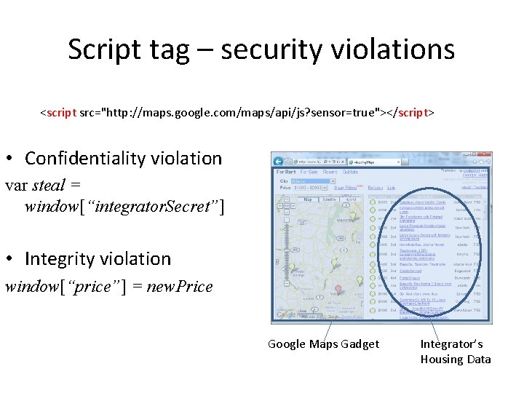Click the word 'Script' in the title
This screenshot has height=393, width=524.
click(x=104, y=49)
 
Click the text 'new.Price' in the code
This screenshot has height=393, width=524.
click(x=180, y=286)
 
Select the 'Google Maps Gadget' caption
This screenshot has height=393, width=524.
click(x=323, y=344)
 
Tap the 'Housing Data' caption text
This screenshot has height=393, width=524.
click(x=456, y=359)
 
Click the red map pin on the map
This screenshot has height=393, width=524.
click(x=338, y=289)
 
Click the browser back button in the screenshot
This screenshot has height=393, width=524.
click(x=277, y=160)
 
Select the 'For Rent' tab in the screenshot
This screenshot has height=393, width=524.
click(x=285, y=172)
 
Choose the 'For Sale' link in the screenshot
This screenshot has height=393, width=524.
click(x=309, y=172)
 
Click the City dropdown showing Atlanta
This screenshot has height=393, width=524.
click(x=306, y=180)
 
